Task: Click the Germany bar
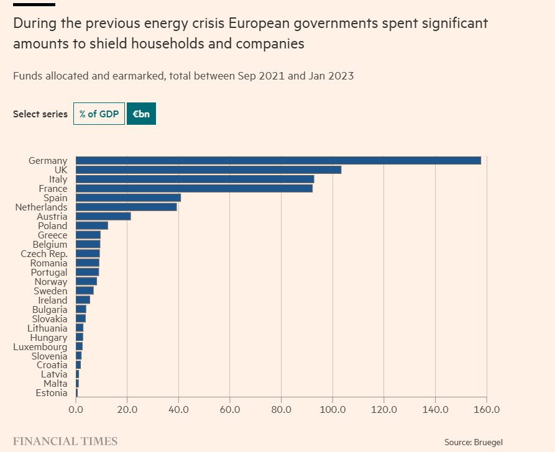pyautogui.click(x=278, y=160)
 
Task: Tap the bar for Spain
pyautogui.click(x=128, y=197)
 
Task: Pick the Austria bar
pyautogui.click(x=103, y=216)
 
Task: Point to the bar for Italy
pyautogui.click(x=195, y=179)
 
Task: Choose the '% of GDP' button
pyautogui.click(x=99, y=114)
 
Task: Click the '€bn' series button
pyautogui.click(x=141, y=114)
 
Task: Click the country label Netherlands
pyautogui.click(x=41, y=207)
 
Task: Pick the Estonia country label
pyautogui.click(x=52, y=393)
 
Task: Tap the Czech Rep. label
pyautogui.click(x=44, y=253)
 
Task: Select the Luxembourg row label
pyautogui.click(x=40, y=346)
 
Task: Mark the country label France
pyautogui.click(x=53, y=188)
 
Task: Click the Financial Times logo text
pyautogui.click(x=65, y=441)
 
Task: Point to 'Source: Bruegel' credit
pyautogui.click(x=473, y=442)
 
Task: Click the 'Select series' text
pyautogui.click(x=40, y=114)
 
